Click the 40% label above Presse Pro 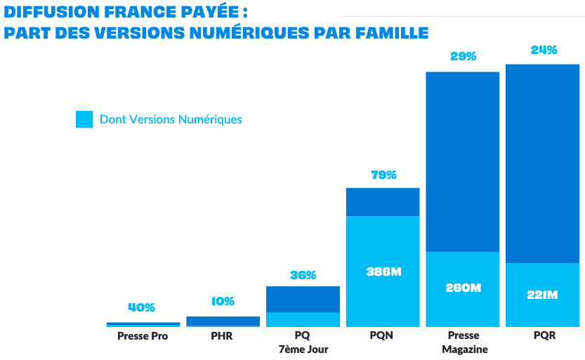(142, 307)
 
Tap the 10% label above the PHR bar (223, 301)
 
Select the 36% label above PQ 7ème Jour (303, 275)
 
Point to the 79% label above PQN (383, 175)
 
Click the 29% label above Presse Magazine (464, 57)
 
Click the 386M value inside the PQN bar (383, 272)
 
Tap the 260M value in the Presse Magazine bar (464, 288)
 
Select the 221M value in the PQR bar (543, 295)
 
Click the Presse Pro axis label (143, 336)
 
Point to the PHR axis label (222, 336)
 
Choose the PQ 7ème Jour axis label (303, 342)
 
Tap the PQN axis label (382, 336)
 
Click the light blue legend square (84, 119)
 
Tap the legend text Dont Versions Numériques (171, 119)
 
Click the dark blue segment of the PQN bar (383, 202)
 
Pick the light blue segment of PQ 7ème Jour (303, 319)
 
